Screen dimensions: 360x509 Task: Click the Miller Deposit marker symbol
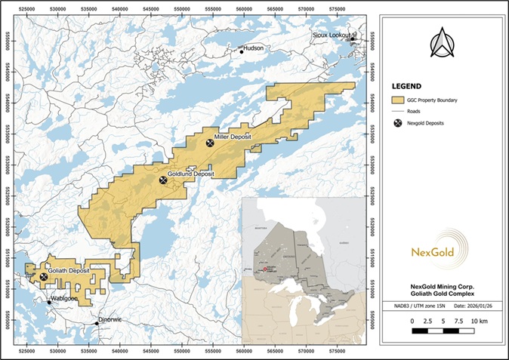tap(210, 143)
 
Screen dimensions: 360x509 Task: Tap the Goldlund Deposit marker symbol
tap(163, 180)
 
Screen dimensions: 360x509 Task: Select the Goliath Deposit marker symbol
tap(44, 277)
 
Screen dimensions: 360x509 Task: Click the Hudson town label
tap(254, 48)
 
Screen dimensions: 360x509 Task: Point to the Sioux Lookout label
tap(334, 35)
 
